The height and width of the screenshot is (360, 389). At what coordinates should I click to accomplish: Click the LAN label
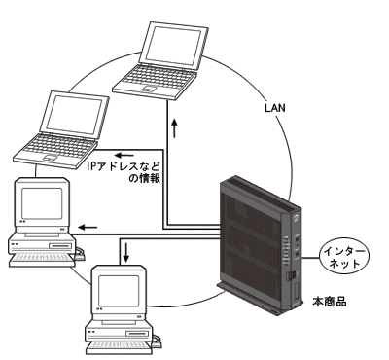point(275,108)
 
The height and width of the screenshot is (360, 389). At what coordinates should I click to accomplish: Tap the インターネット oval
point(344,258)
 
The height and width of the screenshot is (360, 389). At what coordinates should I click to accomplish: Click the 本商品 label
point(330,302)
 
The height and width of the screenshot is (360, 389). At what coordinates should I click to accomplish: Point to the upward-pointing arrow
point(175,127)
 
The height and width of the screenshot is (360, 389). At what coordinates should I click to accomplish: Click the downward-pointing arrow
point(126,253)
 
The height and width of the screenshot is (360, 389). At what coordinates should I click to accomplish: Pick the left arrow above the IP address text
point(124,155)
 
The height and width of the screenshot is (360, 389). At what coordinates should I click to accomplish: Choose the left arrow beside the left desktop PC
point(88,227)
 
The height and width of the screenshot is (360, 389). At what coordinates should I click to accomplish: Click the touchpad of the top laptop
point(150,88)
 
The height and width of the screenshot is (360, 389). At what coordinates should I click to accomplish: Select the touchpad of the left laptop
point(51,158)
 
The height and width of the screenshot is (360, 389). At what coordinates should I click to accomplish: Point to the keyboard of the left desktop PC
point(42,260)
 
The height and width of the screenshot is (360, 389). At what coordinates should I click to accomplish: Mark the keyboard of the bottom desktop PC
point(120,347)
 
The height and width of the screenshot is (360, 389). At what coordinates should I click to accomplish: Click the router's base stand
point(260,299)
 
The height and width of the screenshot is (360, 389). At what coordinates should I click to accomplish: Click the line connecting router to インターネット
point(310,258)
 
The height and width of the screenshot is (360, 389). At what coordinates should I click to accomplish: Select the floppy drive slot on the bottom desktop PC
point(139,334)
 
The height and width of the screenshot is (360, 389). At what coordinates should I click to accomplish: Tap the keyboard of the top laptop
point(156,79)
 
